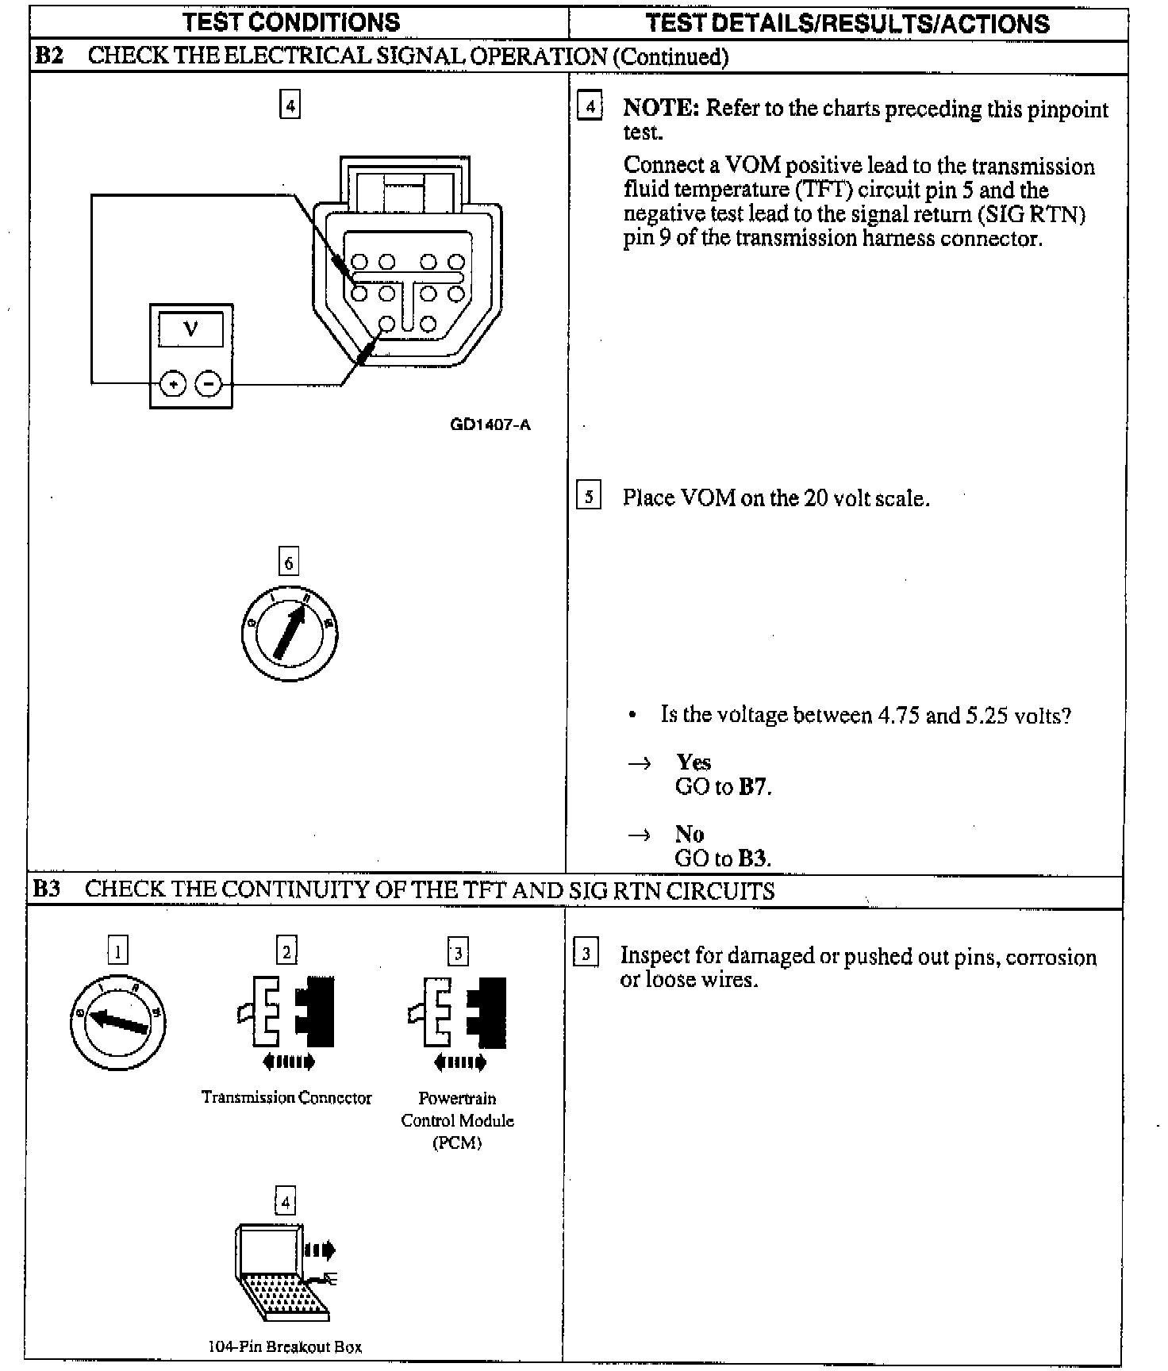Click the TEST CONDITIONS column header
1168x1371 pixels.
(x=291, y=22)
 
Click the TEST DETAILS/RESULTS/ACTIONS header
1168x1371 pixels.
(x=847, y=23)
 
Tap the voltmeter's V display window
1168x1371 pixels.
(x=190, y=328)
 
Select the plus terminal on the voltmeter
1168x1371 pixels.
(x=173, y=385)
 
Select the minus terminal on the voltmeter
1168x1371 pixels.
(x=208, y=385)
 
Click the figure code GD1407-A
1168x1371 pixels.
(x=490, y=424)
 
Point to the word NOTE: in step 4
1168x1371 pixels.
(x=661, y=108)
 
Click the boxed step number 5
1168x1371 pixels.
(x=588, y=497)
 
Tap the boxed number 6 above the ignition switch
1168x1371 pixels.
(x=288, y=563)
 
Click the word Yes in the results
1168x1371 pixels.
(x=693, y=762)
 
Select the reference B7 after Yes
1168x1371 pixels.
(x=753, y=787)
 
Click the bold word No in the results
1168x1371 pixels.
(x=690, y=834)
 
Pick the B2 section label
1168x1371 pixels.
(x=49, y=56)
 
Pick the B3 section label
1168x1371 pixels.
(x=47, y=889)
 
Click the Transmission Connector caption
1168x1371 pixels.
(x=286, y=1097)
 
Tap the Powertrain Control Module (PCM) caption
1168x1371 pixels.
(x=458, y=1120)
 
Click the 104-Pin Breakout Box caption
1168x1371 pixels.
(x=285, y=1346)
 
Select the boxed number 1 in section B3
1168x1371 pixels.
(x=117, y=950)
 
